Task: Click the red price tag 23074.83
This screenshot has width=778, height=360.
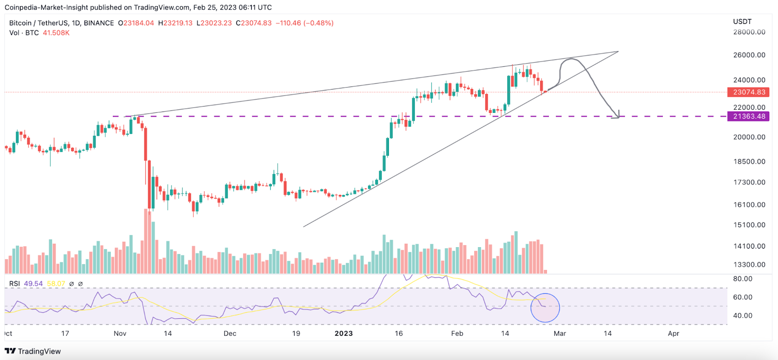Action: click(x=749, y=92)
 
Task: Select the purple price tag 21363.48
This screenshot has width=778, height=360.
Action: click(x=749, y=116)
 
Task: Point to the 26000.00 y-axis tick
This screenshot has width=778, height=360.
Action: click(x=749, y=55)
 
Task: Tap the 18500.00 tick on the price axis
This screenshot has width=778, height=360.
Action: click(x=749, y=162)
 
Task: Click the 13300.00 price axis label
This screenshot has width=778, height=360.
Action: click(x=749, y=265)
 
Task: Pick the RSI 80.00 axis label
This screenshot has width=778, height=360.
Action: click(x=743, y=279)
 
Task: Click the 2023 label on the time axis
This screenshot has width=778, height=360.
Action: click(x=344, y=333)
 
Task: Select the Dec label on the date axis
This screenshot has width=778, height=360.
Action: click(x=230, y=333)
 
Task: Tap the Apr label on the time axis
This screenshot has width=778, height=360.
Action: click(x=673, y=333)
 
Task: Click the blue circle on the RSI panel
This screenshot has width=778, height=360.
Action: click(x=545, y=308)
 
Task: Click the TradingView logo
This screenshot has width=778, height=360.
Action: click(x=33, y=351)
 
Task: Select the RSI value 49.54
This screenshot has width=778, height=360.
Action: click(x=33, y=284)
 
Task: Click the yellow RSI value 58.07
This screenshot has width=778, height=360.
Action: click(x=56, y=284)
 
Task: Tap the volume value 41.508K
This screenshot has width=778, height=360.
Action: click(x=56, y=33)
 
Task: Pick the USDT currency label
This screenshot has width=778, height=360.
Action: click(x=742, y=21)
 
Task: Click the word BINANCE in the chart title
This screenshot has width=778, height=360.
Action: click(x=99, y=23)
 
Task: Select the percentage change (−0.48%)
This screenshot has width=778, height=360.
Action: click(x=318, y=23)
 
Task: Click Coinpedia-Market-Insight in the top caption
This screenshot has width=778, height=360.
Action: click(x=46, y=7)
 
